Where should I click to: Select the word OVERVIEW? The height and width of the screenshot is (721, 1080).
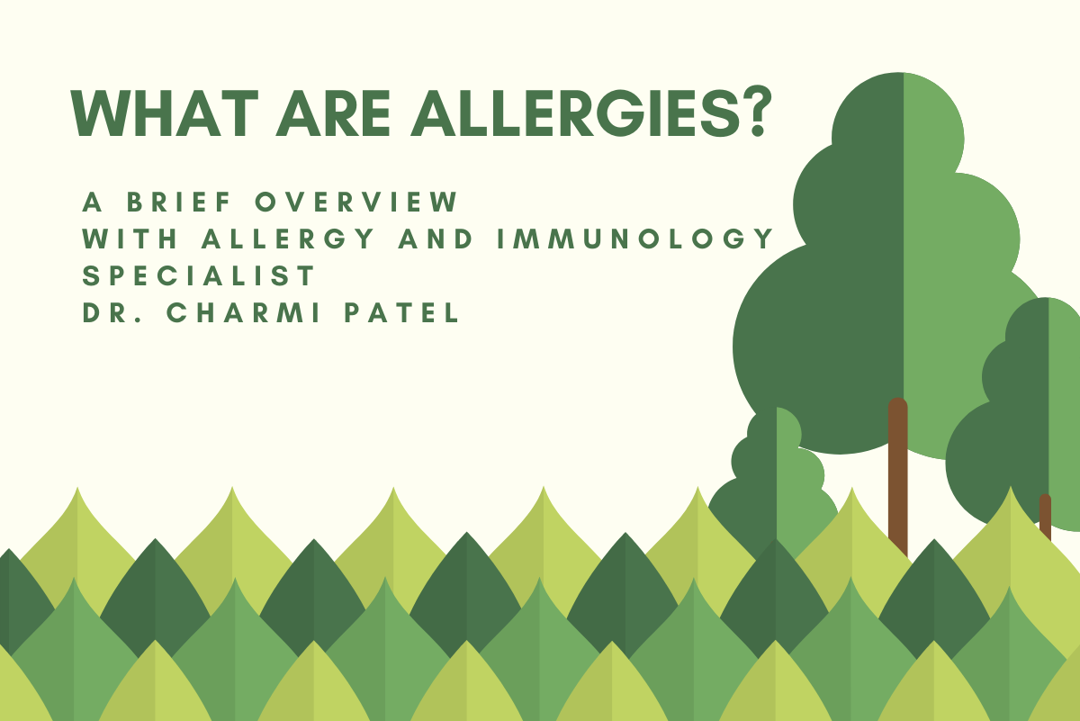pyautogui.click(x=356, y=203)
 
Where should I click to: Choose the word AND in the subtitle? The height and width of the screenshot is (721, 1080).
pyautogui.click(x=452, y=239)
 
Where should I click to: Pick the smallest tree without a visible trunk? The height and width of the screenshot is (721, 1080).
pyautogui.click(x=776, y=477)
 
